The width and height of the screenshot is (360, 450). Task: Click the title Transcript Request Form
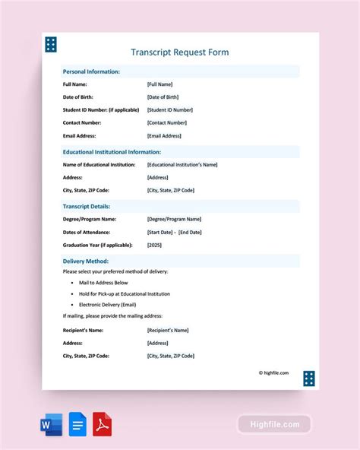(179, 52)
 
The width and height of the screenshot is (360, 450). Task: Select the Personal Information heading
(91, 71)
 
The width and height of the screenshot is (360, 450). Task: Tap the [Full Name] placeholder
(159, 84)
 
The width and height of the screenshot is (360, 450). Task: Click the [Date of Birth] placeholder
(163, 97)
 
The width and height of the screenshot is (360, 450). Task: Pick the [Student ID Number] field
(169, 110)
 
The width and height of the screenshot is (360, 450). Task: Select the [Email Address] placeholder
(164, 136)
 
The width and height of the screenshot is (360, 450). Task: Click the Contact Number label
(81, 123)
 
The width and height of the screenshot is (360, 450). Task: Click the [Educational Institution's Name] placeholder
(182, 164)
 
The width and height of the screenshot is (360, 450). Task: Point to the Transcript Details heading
(87, 206)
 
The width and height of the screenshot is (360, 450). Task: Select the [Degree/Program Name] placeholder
(174, 219)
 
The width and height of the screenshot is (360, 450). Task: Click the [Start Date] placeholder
(160, 232)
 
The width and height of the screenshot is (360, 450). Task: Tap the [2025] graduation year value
(154, 245)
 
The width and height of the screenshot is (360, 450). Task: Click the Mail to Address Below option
(109, 283)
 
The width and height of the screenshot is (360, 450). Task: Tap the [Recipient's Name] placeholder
(168, 330)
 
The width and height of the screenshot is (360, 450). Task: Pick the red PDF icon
(102, 425)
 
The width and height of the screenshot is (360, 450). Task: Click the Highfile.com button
(274, 424)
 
